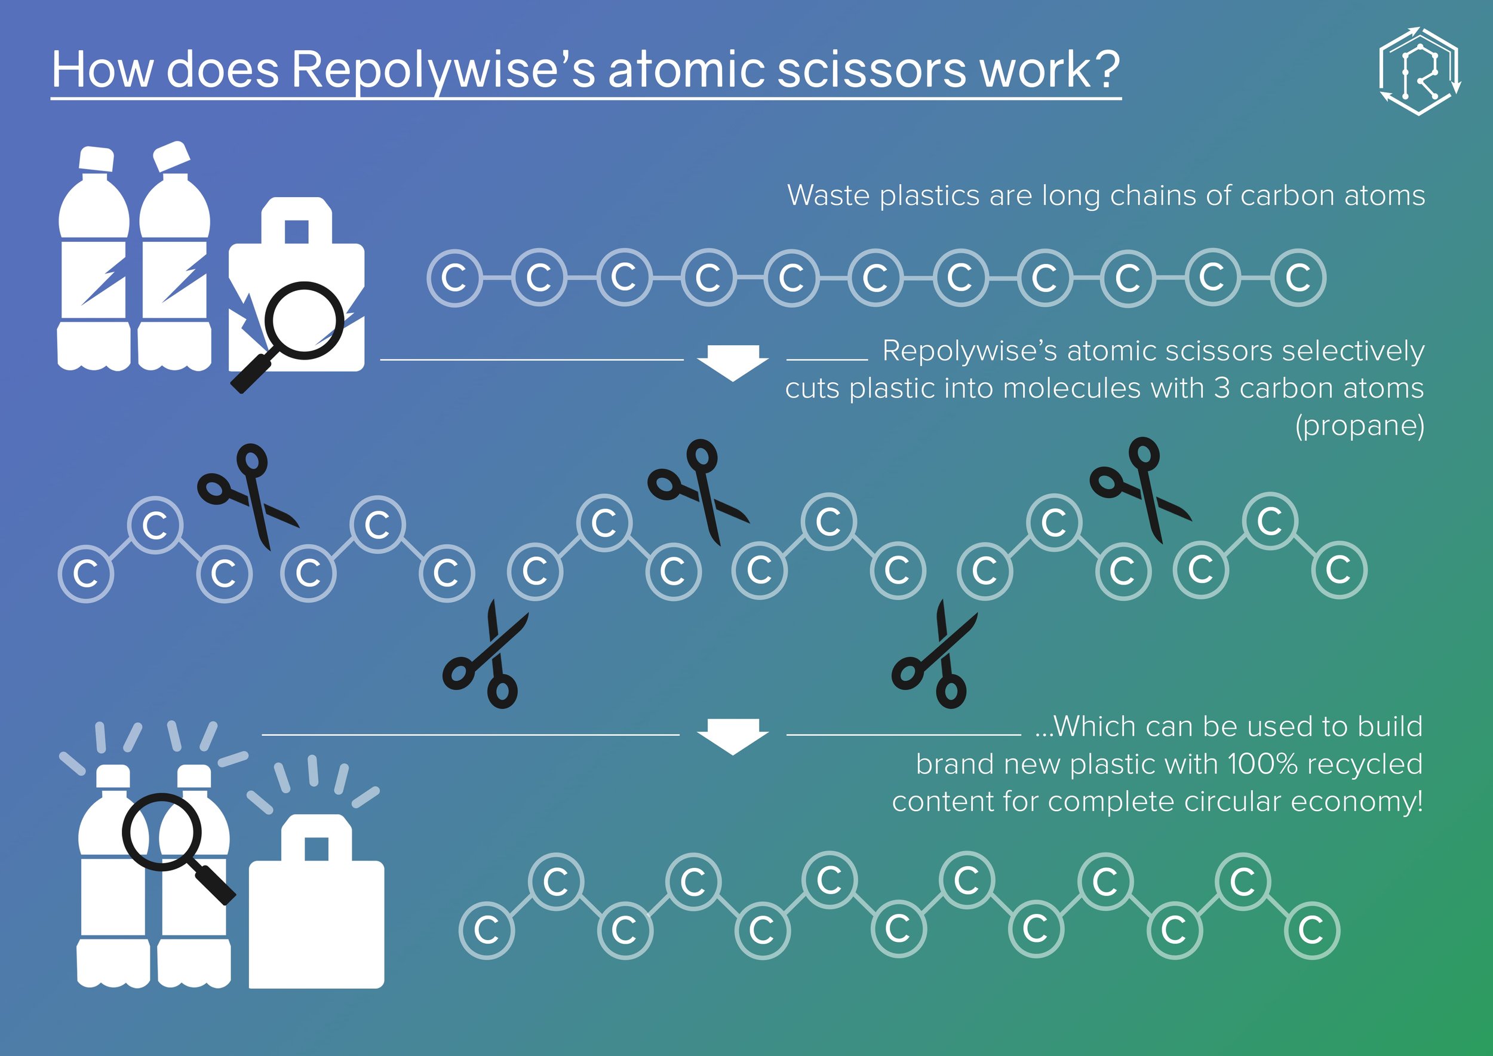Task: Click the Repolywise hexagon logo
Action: click(x=1420, y=72)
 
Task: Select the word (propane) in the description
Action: click(x=1360, y=426)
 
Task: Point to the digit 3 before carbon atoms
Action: click(x=1222, y=388)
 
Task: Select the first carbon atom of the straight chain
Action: click(x=454, y=278)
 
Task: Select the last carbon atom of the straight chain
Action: click(x=1298, y=278)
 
